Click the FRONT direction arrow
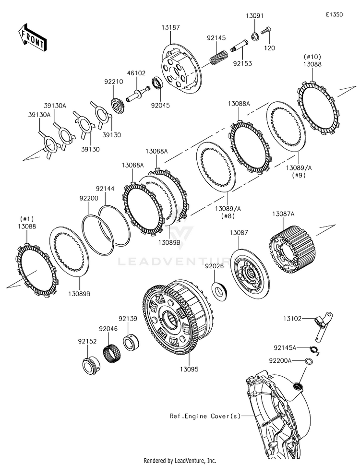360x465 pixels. click(x=32, y=37)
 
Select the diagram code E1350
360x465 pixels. click(x=334, y=14)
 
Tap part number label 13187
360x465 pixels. click(x=170, y=27)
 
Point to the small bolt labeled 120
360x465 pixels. click(x=266, y=30)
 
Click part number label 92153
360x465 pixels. click(x=242, y=63)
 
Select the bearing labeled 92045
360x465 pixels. click(x=157, y=82)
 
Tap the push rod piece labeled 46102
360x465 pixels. click(x=138, y=94)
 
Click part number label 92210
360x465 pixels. click(x=113, y=82)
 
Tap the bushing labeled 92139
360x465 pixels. click(x=132, y=343)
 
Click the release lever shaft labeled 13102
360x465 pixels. click(x=323, y=328)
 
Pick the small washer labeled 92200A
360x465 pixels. click(x=309, y=361)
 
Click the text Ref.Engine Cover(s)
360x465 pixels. click(x=205, y=416)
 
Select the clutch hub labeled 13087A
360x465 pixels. click(x=292, y=249)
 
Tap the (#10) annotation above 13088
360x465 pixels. click(x=312, y=57)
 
